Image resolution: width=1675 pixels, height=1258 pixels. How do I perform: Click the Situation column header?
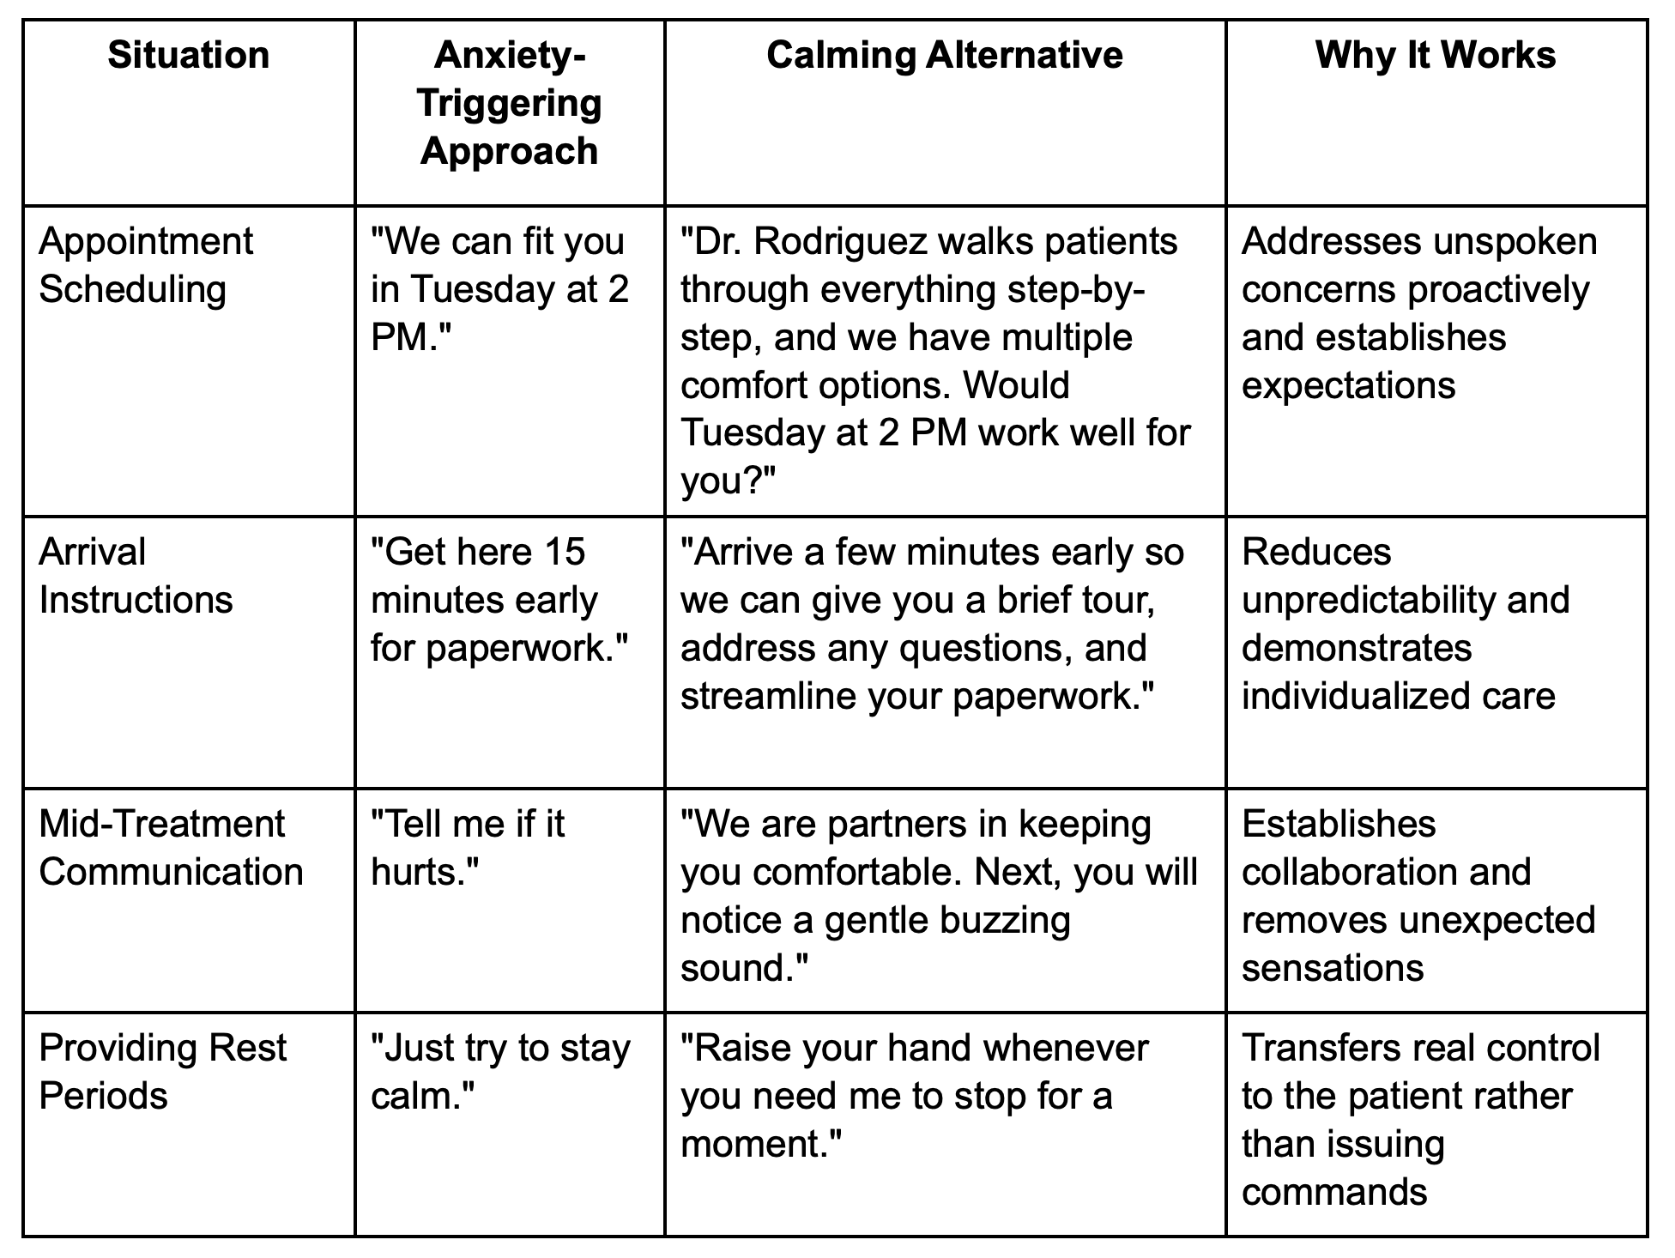coord(189,56)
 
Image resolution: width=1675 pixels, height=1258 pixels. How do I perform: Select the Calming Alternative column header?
coord(944,56)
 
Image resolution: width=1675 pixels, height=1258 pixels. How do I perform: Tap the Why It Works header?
coord(1436,56)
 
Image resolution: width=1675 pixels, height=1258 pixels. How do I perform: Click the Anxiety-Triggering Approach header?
coord(510,103)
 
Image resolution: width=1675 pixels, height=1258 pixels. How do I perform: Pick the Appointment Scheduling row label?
coord(146,265)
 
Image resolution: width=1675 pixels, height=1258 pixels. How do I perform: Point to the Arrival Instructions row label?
coord(136,576)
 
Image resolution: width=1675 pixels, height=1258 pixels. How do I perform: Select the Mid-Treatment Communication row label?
coord(171,848)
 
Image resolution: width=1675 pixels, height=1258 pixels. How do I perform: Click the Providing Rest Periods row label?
coord(163,1072)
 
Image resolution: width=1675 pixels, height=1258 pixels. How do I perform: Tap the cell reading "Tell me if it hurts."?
coord(468,848)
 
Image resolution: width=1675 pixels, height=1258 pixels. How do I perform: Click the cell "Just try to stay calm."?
coord(500,1072)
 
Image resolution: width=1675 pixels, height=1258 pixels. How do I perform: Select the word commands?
coord(1334,1192)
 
